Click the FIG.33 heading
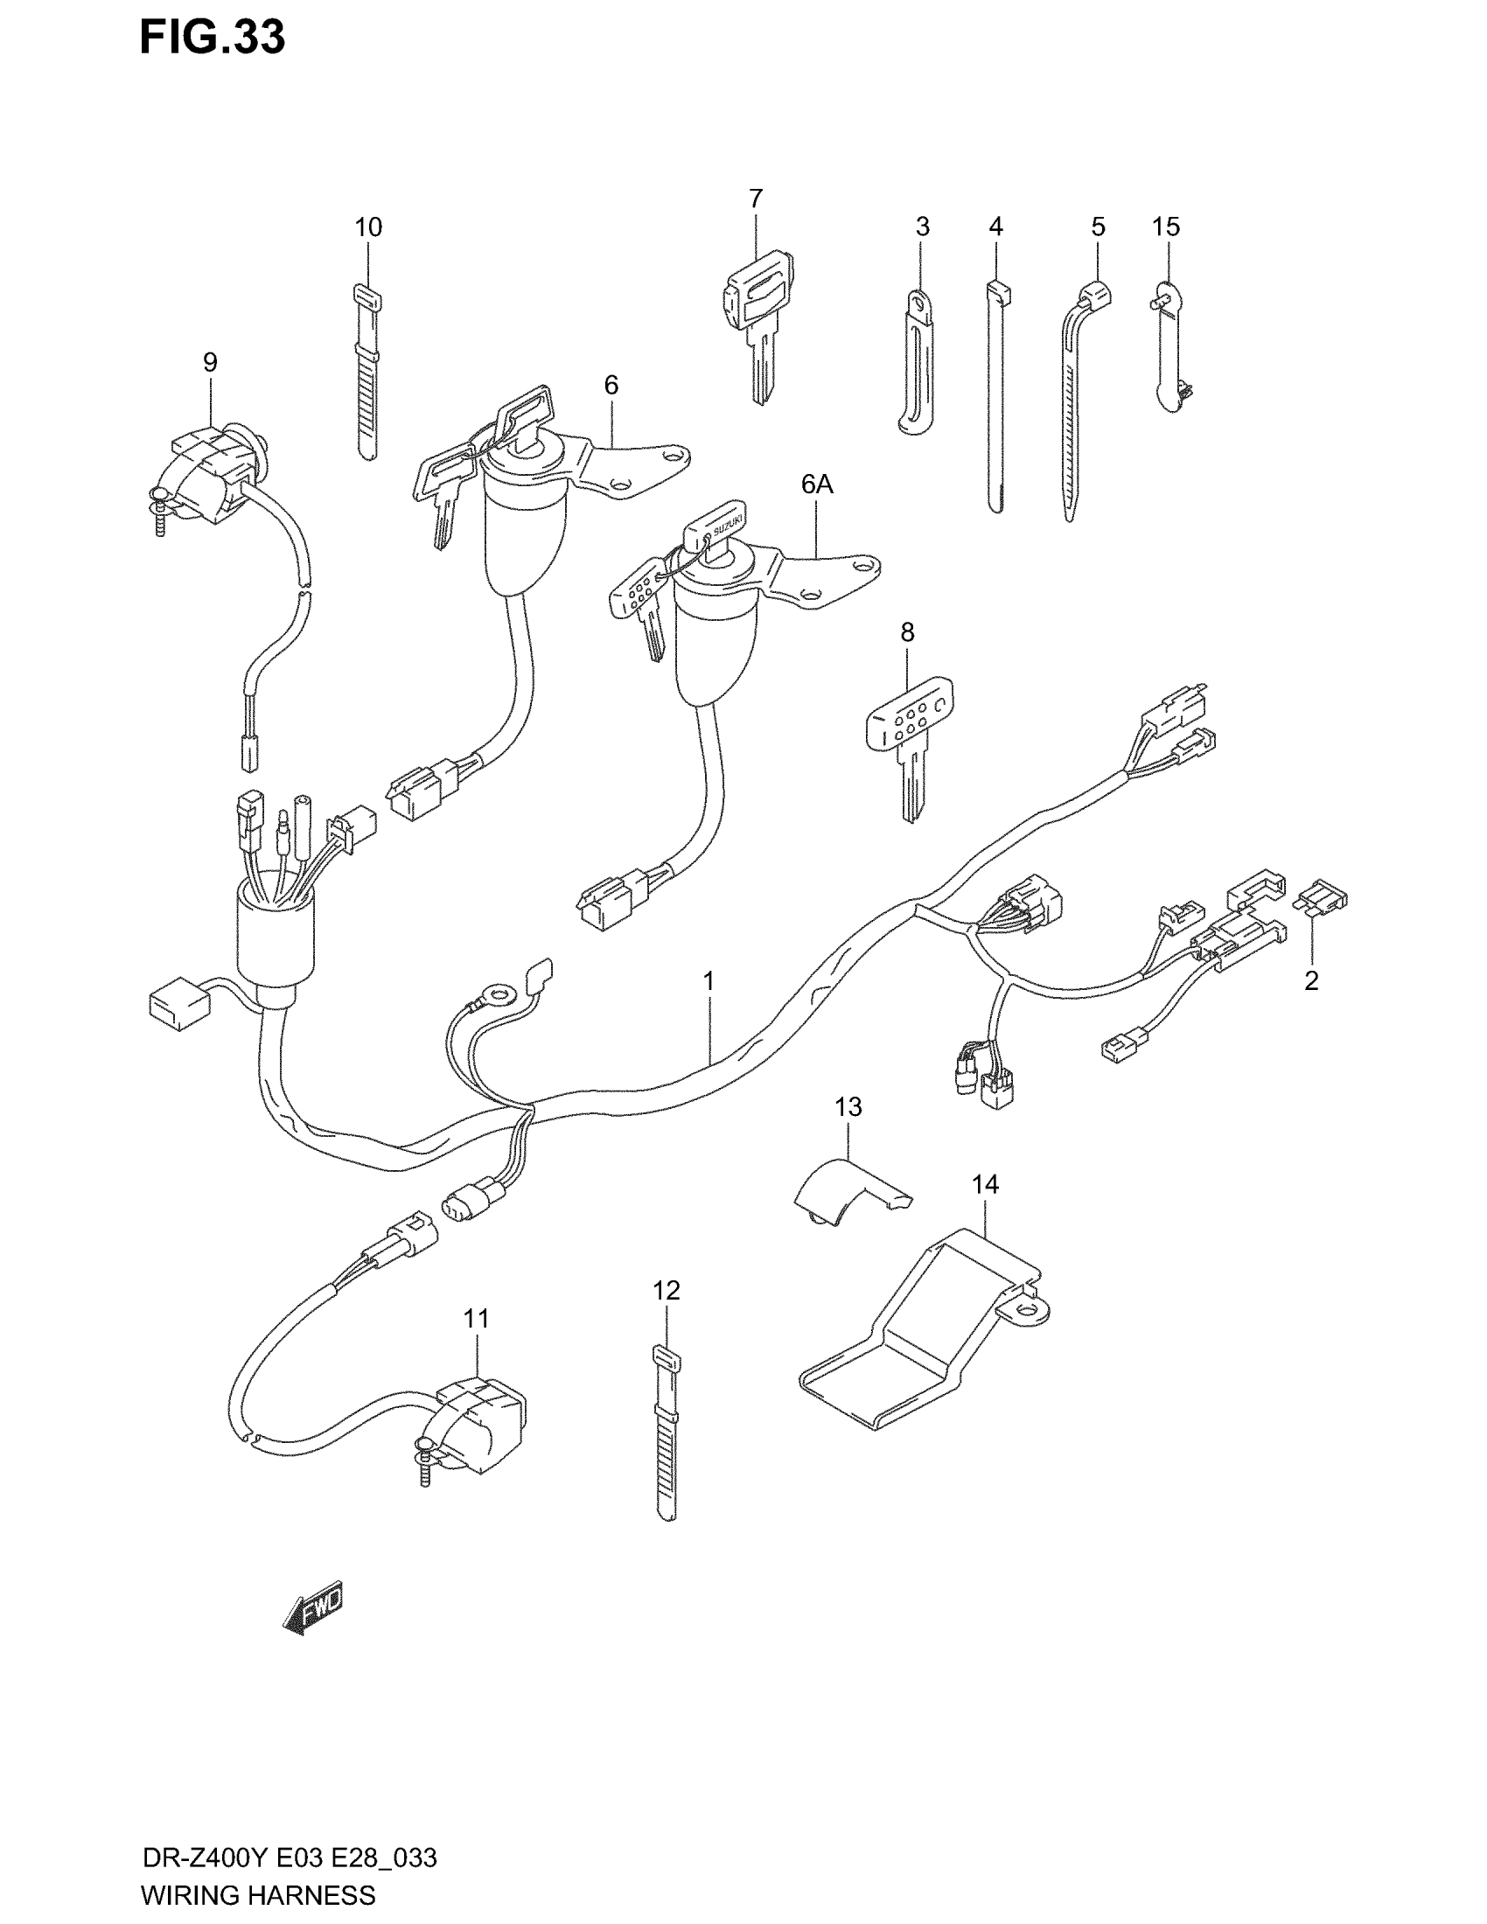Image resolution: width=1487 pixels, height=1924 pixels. click(x=213, y=38)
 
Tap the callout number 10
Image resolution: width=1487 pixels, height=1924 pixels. click(x=368, y=227)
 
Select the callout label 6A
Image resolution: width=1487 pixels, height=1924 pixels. click(x=817, y=484)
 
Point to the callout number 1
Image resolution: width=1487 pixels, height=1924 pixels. click(x=709, y=980)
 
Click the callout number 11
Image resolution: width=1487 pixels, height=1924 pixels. click(x=476, y=1343)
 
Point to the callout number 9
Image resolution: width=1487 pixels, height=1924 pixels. click(x=210, y=362)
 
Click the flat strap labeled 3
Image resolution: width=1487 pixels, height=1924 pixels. click(x=916, y=361)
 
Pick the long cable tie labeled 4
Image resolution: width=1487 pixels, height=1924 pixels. click(x=995, y=396)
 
